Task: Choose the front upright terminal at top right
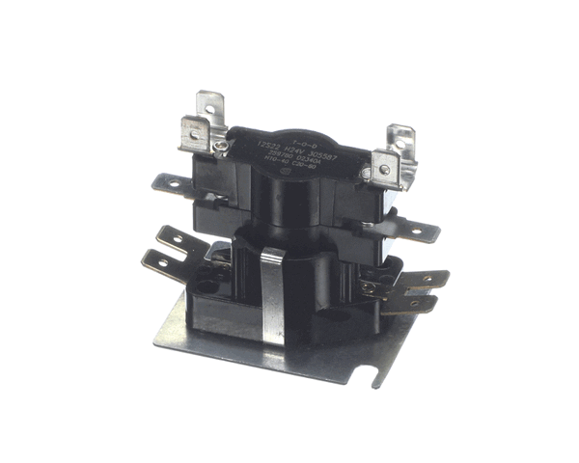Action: (x=388, y=165)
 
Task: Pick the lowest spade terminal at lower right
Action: (x=415, y=307)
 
